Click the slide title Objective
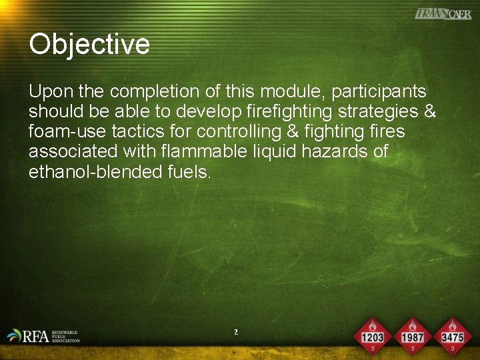click(89, 45)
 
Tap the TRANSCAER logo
click(443, 13)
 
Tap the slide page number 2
click(236, 331)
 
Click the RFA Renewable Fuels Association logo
click(44, 335)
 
